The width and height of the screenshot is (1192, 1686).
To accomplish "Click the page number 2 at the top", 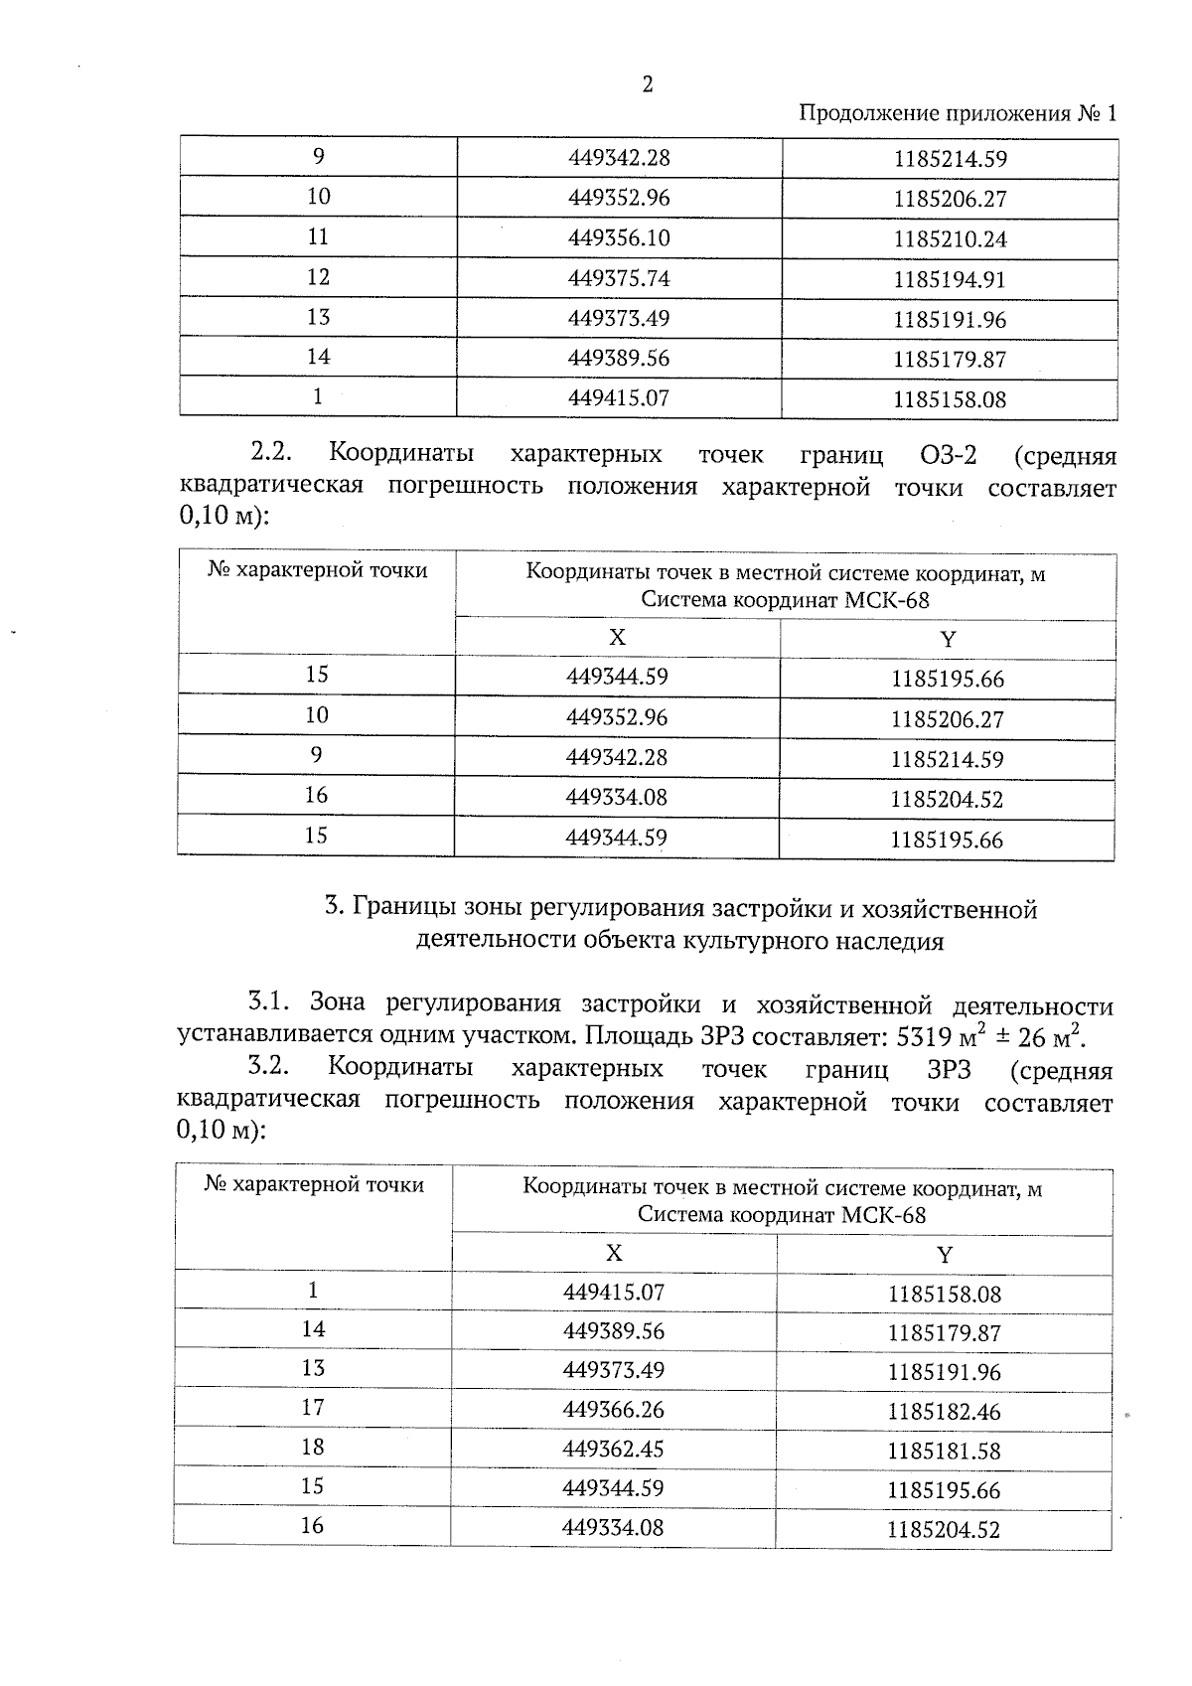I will coord(648,85).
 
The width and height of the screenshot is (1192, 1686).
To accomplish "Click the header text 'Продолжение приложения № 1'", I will coord(958,113).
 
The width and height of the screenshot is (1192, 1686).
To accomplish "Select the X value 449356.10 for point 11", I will coord(619,237).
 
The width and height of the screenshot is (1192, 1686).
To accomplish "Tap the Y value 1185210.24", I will coord(949,239).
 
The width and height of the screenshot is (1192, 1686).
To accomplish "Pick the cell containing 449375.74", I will coord(619,278).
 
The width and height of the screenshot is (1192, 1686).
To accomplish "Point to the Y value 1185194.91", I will coord(949,280).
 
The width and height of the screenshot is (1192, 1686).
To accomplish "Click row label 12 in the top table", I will coord(318,277).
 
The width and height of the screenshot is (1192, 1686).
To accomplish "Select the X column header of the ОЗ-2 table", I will coord(617,637).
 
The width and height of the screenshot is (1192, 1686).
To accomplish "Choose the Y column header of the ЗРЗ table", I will coord(945,1254).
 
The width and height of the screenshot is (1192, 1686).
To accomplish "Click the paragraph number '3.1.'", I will coord(267,1001).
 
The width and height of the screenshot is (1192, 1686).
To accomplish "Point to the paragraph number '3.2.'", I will coord(268,1068).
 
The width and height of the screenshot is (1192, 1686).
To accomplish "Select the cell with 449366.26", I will coord(613,1410).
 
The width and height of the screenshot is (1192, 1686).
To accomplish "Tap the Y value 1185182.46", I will coord(944,1412).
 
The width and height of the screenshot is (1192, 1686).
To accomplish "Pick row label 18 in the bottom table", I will coord(313,1447).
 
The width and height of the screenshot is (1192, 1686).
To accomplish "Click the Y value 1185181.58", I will coord(944,1451).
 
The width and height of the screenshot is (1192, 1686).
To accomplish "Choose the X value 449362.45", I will coord(613,1449).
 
